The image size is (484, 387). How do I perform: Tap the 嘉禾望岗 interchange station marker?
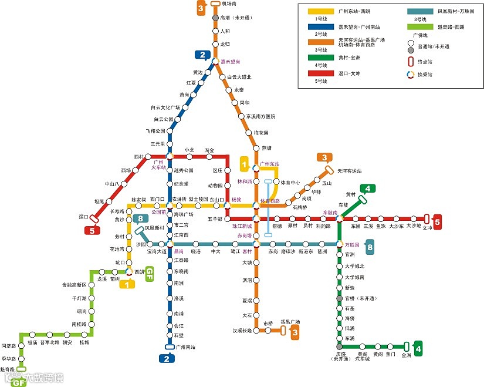(x=215, y=61)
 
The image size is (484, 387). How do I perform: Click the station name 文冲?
(x=427, y=228)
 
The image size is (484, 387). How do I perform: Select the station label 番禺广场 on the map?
(x=290, y=322)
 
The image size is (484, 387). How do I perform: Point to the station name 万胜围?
(x=352, y=244)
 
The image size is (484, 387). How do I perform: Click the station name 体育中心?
(x=290, y=182)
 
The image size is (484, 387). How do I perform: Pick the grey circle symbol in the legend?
(x=410, y=51)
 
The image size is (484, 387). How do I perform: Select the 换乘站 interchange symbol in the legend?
(x=410, y=75)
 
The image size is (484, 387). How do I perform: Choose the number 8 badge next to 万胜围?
(x=370, y=247)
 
